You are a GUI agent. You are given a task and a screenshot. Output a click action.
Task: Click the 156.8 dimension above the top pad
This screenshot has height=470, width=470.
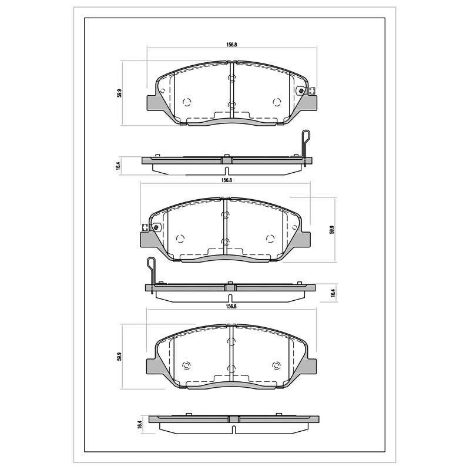click(x=231, y=45)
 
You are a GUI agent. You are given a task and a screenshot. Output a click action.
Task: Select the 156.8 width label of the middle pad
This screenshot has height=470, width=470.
click(x=227, y=180)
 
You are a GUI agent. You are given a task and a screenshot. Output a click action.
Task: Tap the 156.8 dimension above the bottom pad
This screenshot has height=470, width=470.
click(x=231, y=306)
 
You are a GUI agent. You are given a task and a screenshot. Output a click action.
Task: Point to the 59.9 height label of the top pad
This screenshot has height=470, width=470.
click(x=119, y=93)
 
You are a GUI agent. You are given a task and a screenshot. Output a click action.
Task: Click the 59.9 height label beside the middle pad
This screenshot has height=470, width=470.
click(x=331, y=230)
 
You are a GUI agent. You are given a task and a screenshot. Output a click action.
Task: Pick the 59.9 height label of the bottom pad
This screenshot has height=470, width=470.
click(x=119, y=357)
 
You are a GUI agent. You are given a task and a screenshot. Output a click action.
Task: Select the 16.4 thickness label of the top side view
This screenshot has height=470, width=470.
click(x=118, y=166)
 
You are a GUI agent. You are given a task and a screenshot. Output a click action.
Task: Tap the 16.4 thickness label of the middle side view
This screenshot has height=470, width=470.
click(x=332, y=293)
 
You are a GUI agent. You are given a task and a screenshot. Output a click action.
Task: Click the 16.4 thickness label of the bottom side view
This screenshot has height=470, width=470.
click(x=139, y=425)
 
